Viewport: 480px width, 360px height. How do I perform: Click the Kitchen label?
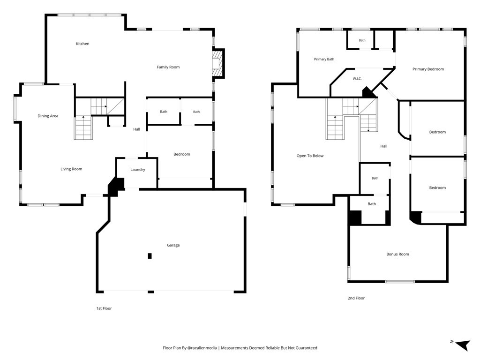(x=82, y=44)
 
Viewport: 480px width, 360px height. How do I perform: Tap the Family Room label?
(x=168, y=67)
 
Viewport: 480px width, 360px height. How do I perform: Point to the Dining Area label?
(x=48, y=116)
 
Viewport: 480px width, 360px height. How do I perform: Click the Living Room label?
(x=71, y=169)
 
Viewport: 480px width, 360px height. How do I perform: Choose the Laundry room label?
(x=138, y=170)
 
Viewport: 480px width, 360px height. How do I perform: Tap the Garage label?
(x=173, y=245)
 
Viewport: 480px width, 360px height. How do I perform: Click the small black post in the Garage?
(x=150, y=256)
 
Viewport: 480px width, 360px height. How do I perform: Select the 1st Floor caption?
(x=104, y=308)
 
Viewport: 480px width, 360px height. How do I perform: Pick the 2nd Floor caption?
(x=356, y=298)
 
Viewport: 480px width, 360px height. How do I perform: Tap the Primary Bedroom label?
(x=428, y=69)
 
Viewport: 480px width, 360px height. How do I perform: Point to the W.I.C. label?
(x=357, y=79)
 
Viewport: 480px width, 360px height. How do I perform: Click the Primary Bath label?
(x=324, y=59)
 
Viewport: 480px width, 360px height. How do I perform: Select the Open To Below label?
(x=310, y=156)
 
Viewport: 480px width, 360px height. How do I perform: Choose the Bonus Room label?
(x=397, y=254)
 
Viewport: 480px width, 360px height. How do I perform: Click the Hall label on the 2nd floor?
(x=384, y=146)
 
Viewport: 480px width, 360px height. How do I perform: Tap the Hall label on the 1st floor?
(x=136, y=129)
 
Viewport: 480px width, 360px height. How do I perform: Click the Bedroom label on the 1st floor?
(x=182, y=154)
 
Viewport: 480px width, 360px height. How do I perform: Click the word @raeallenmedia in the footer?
(x=202, y=348)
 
